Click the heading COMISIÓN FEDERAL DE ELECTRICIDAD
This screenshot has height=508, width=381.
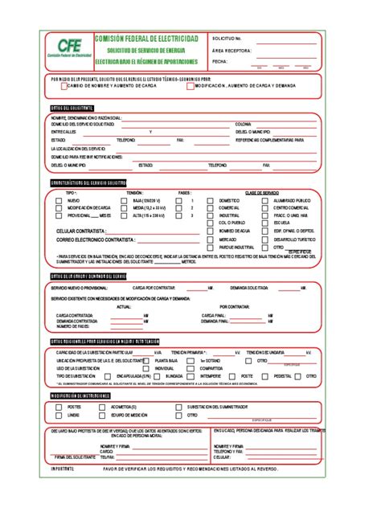145,38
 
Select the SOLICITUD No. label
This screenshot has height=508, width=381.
227,38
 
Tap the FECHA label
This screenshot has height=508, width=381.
220,61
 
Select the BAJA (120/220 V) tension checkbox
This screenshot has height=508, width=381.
126,200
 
